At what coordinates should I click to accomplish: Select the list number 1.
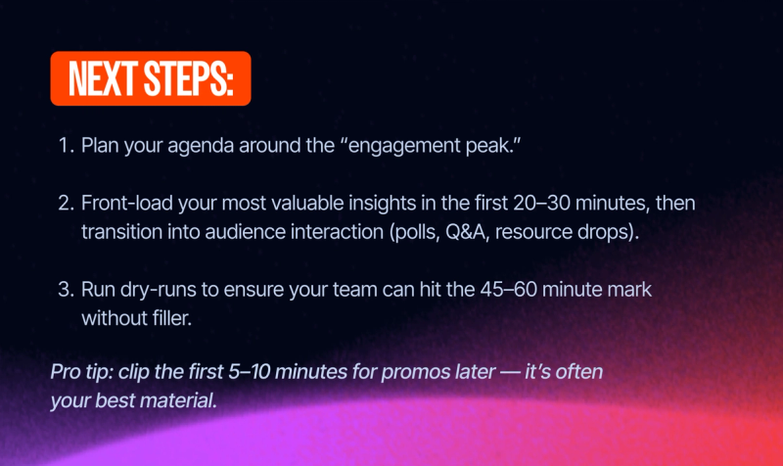pyautogui.click(x=66, y=146)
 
